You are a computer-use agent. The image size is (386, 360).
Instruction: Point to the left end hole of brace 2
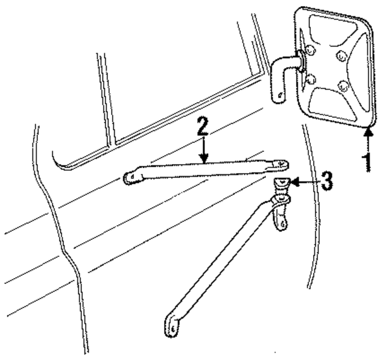point(128,177)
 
